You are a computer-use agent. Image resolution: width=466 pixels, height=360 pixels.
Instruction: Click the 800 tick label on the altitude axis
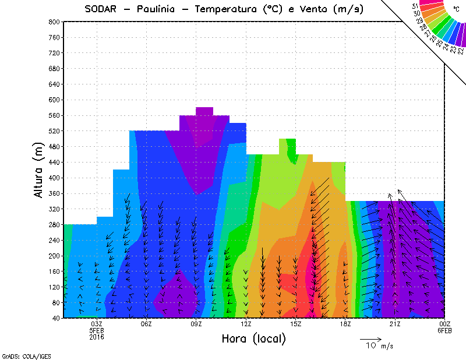click(54, 22)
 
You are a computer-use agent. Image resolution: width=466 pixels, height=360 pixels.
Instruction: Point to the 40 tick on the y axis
click(56, 318)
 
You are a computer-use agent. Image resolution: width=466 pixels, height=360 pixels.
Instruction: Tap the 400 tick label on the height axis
click(54, 178)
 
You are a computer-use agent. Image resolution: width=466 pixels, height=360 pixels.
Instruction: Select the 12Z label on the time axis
click(246, 324)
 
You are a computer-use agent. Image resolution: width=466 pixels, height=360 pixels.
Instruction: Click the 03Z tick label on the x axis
click(97, 324)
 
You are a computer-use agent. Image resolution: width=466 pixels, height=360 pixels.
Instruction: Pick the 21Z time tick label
click(395, 324)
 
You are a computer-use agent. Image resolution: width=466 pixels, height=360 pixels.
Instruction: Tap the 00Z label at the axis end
click(444, 324)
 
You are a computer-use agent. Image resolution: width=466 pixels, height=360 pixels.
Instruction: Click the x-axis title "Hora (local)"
click(253, 338)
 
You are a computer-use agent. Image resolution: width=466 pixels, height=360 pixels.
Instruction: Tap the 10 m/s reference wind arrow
click(370, 338)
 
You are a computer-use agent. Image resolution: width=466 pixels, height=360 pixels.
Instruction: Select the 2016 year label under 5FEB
click(97, 337)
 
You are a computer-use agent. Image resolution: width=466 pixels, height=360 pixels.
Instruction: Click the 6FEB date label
click(444, 330)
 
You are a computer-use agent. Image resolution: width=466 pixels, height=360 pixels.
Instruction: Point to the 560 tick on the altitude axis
click(54, 115)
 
